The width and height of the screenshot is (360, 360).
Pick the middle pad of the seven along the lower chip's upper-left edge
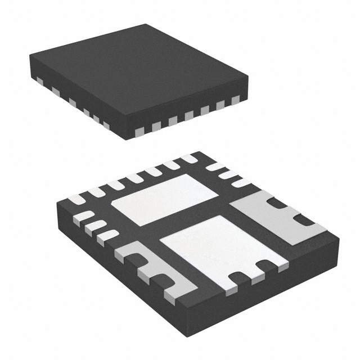pos(134,178)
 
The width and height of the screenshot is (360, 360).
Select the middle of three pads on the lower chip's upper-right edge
pos(228,174)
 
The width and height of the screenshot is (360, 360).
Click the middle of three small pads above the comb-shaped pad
pos(96,226)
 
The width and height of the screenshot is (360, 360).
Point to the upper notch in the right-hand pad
pos(276,206)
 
